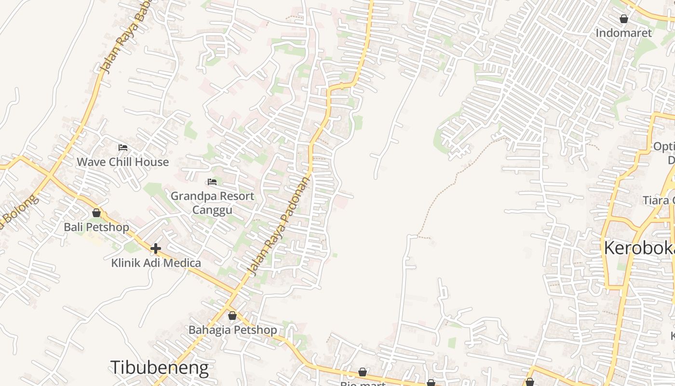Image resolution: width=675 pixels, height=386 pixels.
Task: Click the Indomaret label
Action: (x=623, y=33)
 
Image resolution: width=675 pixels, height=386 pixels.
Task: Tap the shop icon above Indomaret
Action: (x=624, y=19)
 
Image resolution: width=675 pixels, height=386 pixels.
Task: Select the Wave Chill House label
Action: (x=122, y=162)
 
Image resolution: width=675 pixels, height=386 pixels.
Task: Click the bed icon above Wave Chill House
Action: (x=123, y=148)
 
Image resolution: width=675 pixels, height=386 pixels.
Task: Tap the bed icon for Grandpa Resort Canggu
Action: (x=212, y=182)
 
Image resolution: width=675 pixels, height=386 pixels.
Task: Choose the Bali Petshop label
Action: (x=96, y=227)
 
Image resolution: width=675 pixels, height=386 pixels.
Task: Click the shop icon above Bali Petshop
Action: (x=96, y=213)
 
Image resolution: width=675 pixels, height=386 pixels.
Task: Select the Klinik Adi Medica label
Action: (x=156, y=263)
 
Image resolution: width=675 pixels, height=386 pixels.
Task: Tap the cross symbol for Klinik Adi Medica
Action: (x=155, y=248)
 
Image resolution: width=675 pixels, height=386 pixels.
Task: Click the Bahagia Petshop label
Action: (x=232, y=330)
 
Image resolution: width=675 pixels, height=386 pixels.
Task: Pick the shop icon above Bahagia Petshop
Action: (x=232, y=316)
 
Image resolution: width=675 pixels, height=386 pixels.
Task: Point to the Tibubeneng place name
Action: (x=160, y=368)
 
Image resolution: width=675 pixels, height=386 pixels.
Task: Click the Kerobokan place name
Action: (x=639, y=248)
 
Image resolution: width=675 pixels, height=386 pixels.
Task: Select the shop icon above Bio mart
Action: (x=363, y=372)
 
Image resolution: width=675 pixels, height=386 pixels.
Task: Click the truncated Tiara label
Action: (x=658, y=200)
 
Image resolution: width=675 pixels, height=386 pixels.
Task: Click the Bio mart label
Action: (x=363, y=384)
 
